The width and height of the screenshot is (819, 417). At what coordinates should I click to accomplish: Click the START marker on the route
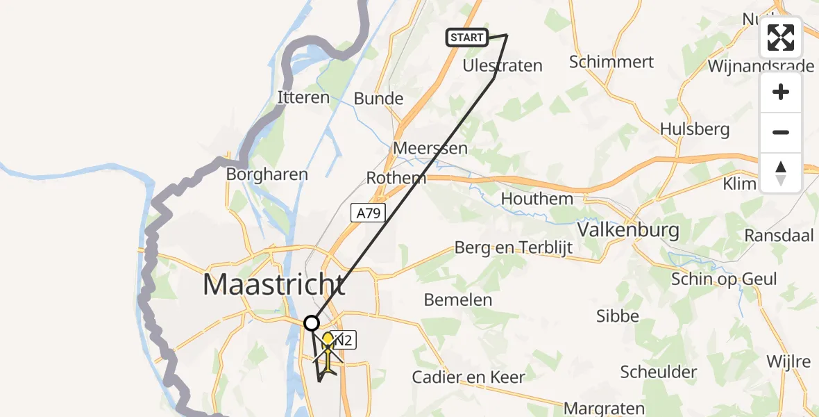coord(466,37)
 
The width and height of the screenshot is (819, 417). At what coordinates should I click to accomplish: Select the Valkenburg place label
coord(628,229)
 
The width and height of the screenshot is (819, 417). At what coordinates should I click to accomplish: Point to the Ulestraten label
coord(503,65)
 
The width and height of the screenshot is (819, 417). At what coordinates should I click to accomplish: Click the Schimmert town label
coord(611,62)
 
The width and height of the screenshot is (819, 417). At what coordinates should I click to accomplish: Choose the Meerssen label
coord(430,148)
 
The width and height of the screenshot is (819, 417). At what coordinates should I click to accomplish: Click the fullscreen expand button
coord(781,38)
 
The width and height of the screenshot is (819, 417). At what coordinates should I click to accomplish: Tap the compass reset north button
coord(781,173)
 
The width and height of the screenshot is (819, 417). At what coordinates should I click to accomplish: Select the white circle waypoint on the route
coord(312,323)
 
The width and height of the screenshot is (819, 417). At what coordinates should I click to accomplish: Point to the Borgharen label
coord(267,174)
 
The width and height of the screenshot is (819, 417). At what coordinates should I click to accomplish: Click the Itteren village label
coord(303,97)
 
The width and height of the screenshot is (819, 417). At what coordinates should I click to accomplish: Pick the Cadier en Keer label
coord(468,377)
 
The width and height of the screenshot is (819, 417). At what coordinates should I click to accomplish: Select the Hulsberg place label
coord(695,129)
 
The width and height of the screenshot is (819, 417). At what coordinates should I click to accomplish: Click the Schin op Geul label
coord(724,279)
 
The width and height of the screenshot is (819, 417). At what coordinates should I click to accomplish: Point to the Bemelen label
coord(457,300)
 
